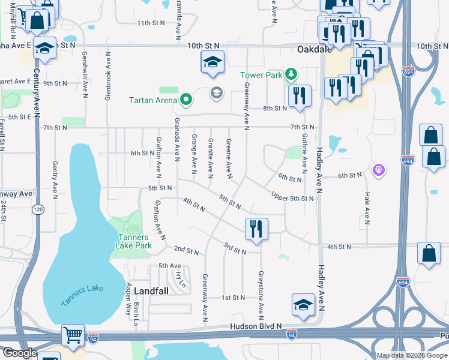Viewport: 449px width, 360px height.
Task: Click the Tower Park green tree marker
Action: pyautogui.click(x=291, y=74)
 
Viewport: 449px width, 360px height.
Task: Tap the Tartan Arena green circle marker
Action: pyautogui.click(x=185, y=100)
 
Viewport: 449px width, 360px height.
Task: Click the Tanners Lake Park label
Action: pyautogui.click(x=133, y=241)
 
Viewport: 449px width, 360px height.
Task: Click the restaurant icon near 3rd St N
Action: pyautogui.click(x=256, y=228)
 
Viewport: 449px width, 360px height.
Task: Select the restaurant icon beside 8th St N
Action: pyautogui.click(x=299, y=96)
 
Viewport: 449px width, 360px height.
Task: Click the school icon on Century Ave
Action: pyautogui.click(x=44, y=47)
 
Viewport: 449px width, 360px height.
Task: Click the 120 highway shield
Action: pyautogui.click(x=38, y=209)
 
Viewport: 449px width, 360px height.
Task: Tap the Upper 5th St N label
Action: pyautogui.click(x=292, y=198)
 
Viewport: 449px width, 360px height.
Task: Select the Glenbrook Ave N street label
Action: pyautogui.click(x=108, y=76)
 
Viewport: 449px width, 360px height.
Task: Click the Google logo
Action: pyautogui.click(x=19, y=353)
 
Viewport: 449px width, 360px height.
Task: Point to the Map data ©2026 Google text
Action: pyautogui.click(x=411, y=355)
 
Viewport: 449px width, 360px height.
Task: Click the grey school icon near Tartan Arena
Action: pyautogui.click(x=215, y=92)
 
